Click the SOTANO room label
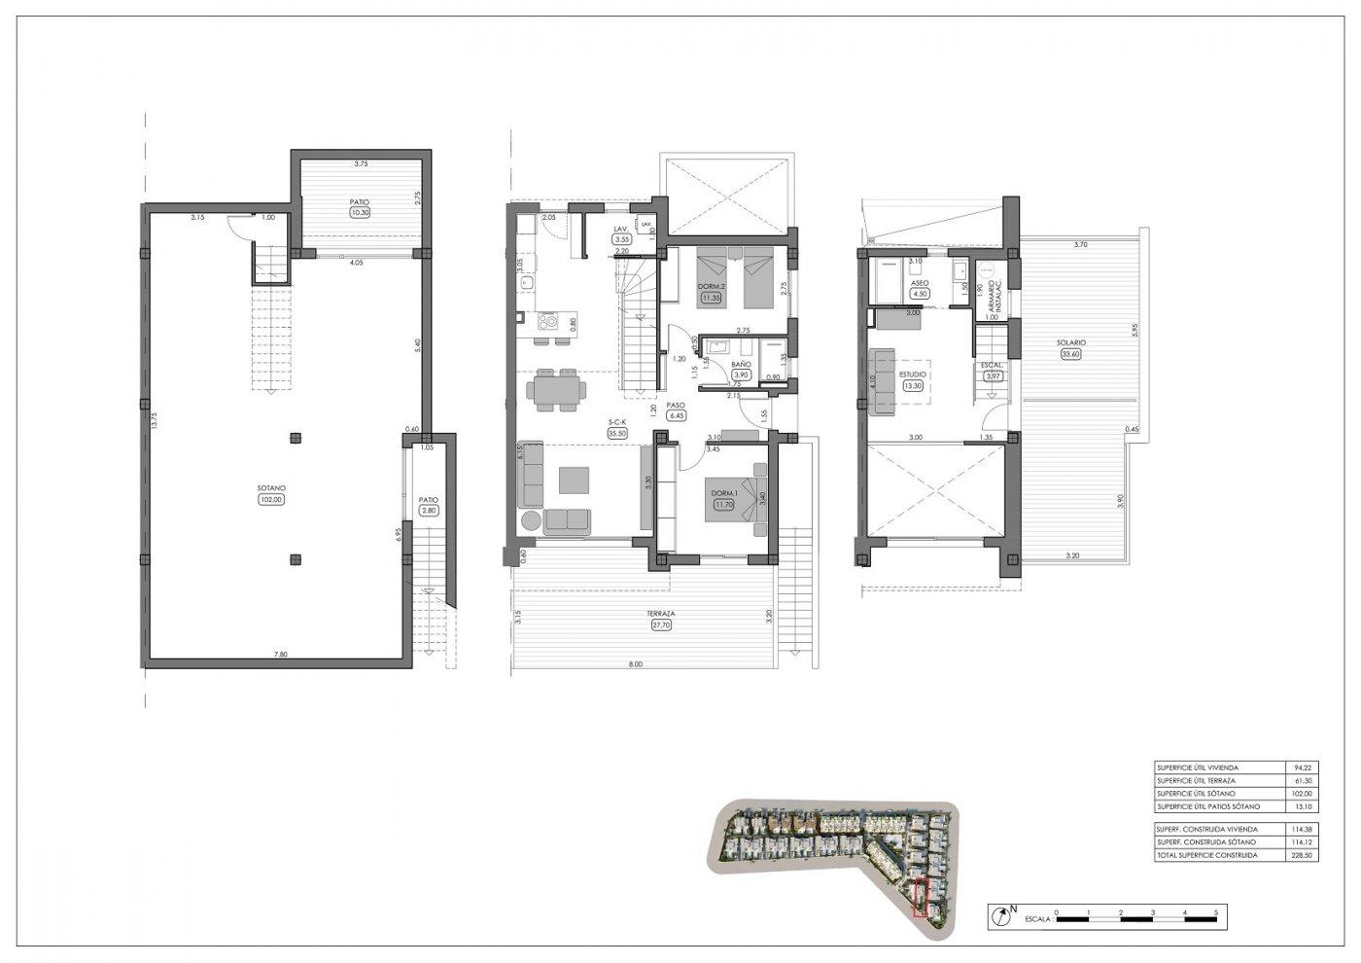[270, 488]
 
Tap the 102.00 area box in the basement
[270, 500]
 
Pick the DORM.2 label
[712, 286]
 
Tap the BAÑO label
[741, 364]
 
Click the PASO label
[677, 405]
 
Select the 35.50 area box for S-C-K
[616, 433]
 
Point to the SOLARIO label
[1072, 342]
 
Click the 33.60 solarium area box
[1072, 354]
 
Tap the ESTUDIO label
[912, 373]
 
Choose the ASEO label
[920, 283]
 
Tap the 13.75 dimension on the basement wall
[153, 420]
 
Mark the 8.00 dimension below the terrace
[636, 664]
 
